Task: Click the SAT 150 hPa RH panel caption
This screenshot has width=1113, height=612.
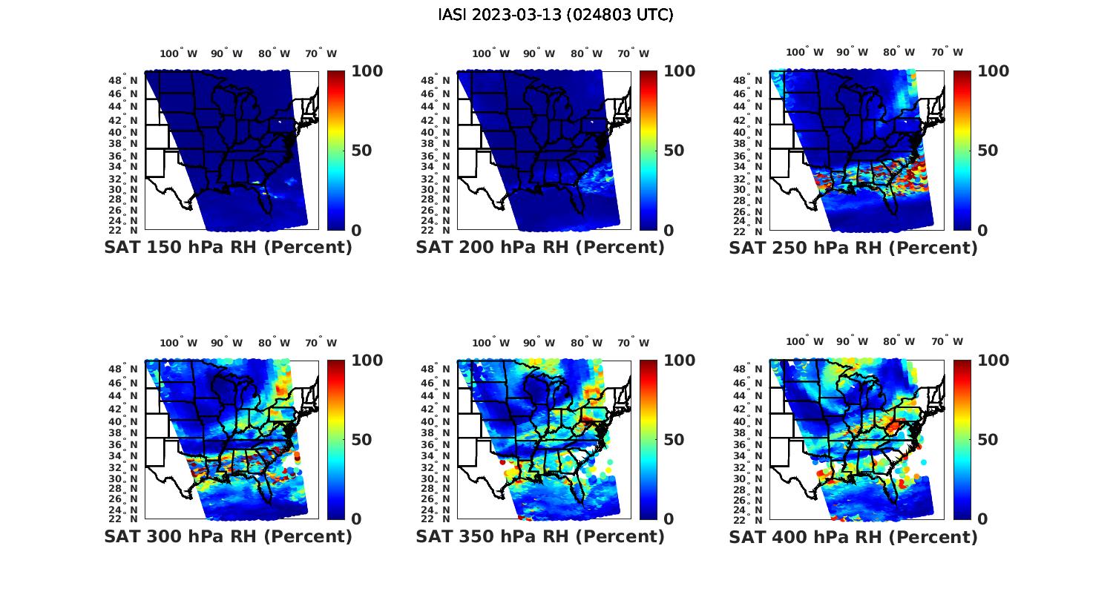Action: [x=228, y=248]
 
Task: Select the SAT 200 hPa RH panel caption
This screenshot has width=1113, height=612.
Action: [x=540, y=248]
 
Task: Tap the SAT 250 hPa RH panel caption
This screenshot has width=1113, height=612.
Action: [x=853, y=248]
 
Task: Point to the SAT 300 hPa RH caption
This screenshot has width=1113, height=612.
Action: [x=228, y=536]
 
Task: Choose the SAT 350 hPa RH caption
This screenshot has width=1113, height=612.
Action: [x=540, y=536]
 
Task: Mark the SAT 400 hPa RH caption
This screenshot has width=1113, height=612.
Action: [x=853, y=536]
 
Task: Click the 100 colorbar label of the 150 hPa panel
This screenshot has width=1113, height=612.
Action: [x=367, y=71]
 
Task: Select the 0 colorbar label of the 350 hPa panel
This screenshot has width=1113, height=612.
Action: [x=669, y=519]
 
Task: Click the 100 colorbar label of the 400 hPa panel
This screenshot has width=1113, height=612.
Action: [x=994, y=361]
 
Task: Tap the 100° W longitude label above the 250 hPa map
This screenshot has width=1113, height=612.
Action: [x=805, y=53]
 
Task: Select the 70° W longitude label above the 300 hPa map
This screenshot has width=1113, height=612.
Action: [x=321, y=343]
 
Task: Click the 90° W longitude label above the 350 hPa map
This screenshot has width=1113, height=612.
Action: [x=539, y=343]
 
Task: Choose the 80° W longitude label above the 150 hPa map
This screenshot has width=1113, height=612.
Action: [x=275, y=53]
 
